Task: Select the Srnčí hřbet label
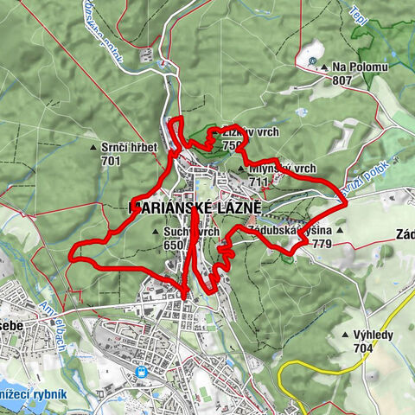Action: click(x=129, y=148)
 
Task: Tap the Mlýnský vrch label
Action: click(x=282, y=169)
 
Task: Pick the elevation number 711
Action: click(x=259, y=182)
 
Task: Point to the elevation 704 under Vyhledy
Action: click(x=362, y=348)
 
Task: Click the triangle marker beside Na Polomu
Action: click(x=324, y=67)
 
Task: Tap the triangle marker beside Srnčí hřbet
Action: click(x=93, y=148)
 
